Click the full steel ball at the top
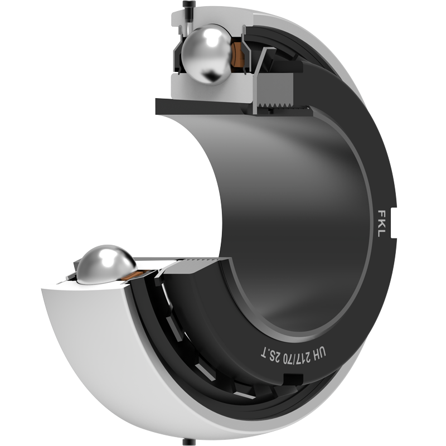207,54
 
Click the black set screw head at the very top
188,5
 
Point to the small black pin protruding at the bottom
188,442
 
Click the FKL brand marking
381,224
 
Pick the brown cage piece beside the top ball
237,55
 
